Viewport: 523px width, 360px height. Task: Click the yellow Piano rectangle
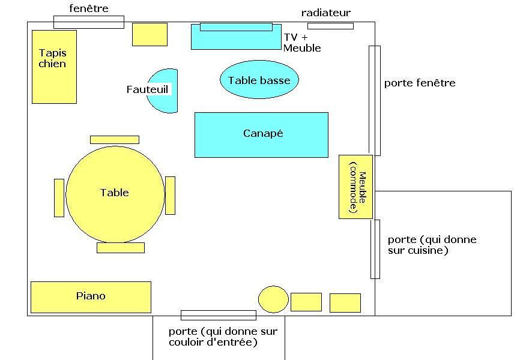[x=91, y=297]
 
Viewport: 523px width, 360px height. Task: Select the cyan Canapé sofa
[x=261, y=134]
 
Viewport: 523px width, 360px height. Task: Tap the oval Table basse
[x=259, y=79]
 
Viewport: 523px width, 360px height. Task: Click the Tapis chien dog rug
[x=55, y=67]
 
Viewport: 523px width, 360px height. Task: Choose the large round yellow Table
[x=115, y=194]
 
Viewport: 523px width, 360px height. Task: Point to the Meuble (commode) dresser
[x=355, y=187]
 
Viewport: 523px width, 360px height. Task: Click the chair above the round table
[x=115, y=140]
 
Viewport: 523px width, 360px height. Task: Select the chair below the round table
[x=121, y=248]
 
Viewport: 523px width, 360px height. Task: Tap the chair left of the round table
[x=59, y=198]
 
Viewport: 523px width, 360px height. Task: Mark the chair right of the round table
[x=170, y=196]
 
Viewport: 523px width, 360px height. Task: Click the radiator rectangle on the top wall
[x=330, y=26]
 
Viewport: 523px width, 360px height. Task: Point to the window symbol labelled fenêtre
[x=89, y=22]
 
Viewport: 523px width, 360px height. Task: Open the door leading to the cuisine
[x=375, y=249]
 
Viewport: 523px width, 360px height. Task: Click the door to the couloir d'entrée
[x=219, y=315]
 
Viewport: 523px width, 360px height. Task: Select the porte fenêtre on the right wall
[x=375, y=101]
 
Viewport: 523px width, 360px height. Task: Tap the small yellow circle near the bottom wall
[x=273, y=299]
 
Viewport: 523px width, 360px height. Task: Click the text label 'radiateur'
[x=326, y=13]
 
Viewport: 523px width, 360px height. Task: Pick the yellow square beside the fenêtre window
[x=150, y=34]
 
